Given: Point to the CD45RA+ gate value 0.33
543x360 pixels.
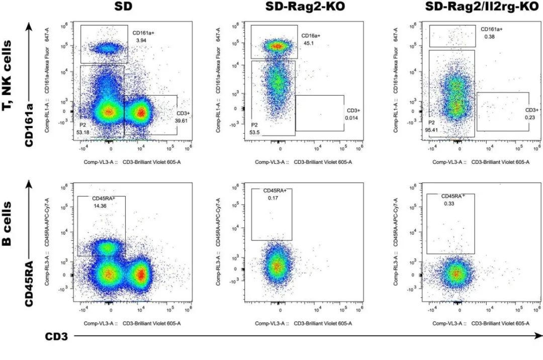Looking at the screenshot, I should [449, 204].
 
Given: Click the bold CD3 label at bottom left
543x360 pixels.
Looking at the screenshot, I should [57, 336].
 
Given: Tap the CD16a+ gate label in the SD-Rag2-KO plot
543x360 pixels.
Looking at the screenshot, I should [311, 36].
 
